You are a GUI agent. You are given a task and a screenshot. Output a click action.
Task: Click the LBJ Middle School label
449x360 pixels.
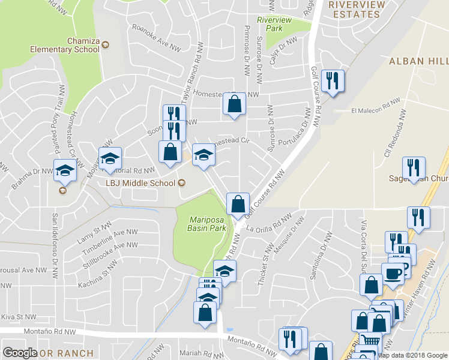point(140,183)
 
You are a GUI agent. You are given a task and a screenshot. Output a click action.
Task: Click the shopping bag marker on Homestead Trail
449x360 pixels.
point(234,104)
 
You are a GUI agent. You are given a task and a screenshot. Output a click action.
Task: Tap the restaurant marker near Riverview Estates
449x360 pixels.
point(332,81)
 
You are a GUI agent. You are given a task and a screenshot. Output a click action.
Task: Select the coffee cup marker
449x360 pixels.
point(393,274)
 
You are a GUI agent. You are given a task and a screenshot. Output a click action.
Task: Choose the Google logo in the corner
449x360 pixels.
point(20,353)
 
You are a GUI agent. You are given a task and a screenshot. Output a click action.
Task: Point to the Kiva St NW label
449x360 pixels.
point(18,317)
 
